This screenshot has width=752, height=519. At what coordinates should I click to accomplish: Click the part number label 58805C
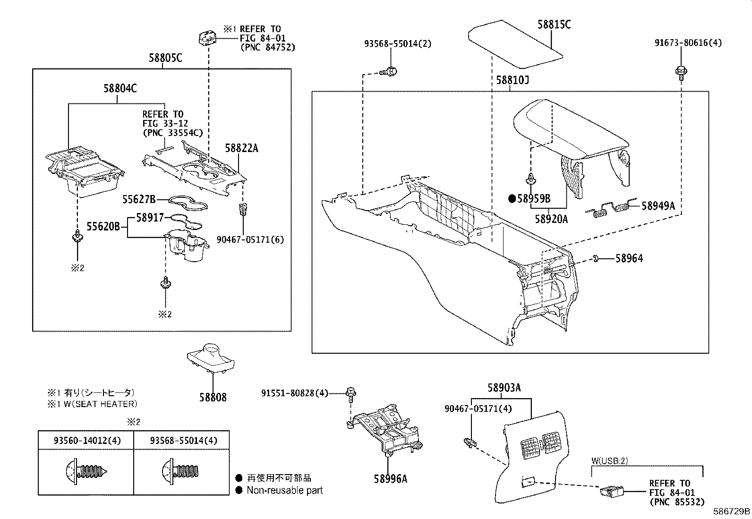tap(165, 58)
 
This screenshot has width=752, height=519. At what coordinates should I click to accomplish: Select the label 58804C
tap(120, 88)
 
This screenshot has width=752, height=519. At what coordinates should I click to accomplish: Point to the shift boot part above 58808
tap(212, 358)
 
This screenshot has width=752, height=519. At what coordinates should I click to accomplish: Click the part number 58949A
tap(658, 206)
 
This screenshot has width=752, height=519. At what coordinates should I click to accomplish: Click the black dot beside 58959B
tap(512, 199)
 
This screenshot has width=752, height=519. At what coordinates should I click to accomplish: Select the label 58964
tap(629, 258)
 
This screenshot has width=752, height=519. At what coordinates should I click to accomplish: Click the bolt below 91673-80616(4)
tap(681, 73)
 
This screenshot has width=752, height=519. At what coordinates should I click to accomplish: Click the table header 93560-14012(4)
tap(87, 441)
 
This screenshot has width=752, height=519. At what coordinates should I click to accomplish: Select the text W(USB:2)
tap(610, 461)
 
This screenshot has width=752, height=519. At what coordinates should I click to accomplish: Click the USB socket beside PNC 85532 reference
tap(611, 493)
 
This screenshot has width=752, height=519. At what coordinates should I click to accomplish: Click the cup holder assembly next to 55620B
tap(186, 245)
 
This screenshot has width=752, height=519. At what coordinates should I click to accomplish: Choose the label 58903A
tap(504, 388)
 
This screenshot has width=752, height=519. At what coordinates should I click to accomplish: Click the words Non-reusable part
tap(284, 490)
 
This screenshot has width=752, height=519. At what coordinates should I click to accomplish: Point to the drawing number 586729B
tap(731, 511)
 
